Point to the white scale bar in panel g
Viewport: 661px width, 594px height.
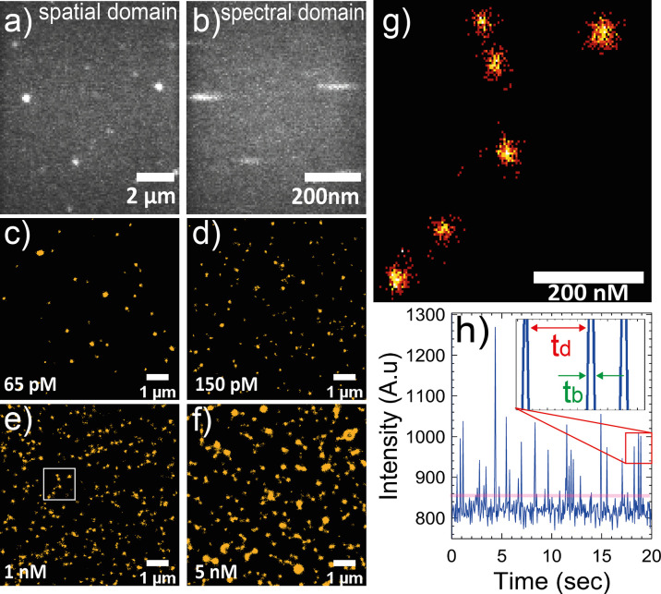point(588,276)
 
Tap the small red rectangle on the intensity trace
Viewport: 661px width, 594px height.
point(638,447)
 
